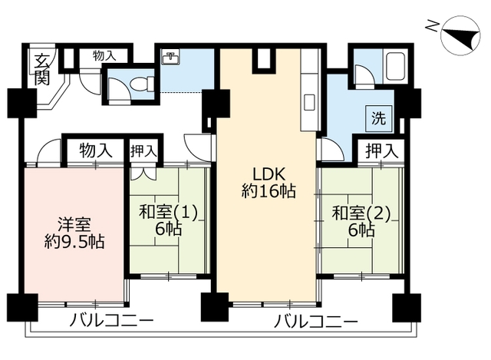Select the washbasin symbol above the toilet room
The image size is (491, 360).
point(170,58)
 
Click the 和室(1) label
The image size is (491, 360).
point(168,210)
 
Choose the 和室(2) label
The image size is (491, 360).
point(361,210)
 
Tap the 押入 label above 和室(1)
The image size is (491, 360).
point(143,150)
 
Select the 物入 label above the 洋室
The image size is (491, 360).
point(97,150)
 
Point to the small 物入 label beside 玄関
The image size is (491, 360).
point(105,55)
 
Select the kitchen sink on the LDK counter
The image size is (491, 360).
point(309,101)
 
